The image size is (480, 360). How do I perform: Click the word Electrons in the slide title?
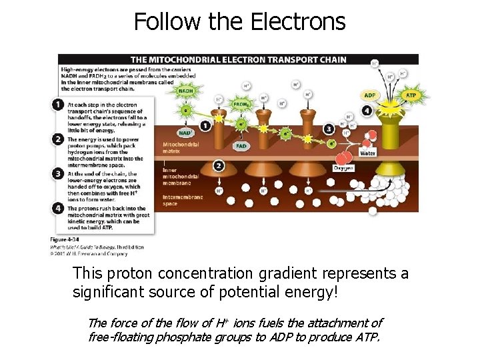(298, 22)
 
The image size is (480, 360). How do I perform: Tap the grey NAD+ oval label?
(186, 132)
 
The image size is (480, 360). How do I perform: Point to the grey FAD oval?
(241, 145)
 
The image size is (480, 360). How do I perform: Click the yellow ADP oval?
(371, 95)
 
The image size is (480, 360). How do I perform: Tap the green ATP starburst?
(411, 95)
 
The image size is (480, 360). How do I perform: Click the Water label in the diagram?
(367, 153)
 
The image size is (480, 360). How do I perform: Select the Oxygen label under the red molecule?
(343, 168)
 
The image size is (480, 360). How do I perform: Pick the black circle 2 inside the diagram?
(218, 165)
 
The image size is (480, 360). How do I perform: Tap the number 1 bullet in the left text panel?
(59, 105)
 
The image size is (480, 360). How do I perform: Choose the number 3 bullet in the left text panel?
(59, 175)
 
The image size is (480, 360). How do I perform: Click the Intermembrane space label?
(179, 199)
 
